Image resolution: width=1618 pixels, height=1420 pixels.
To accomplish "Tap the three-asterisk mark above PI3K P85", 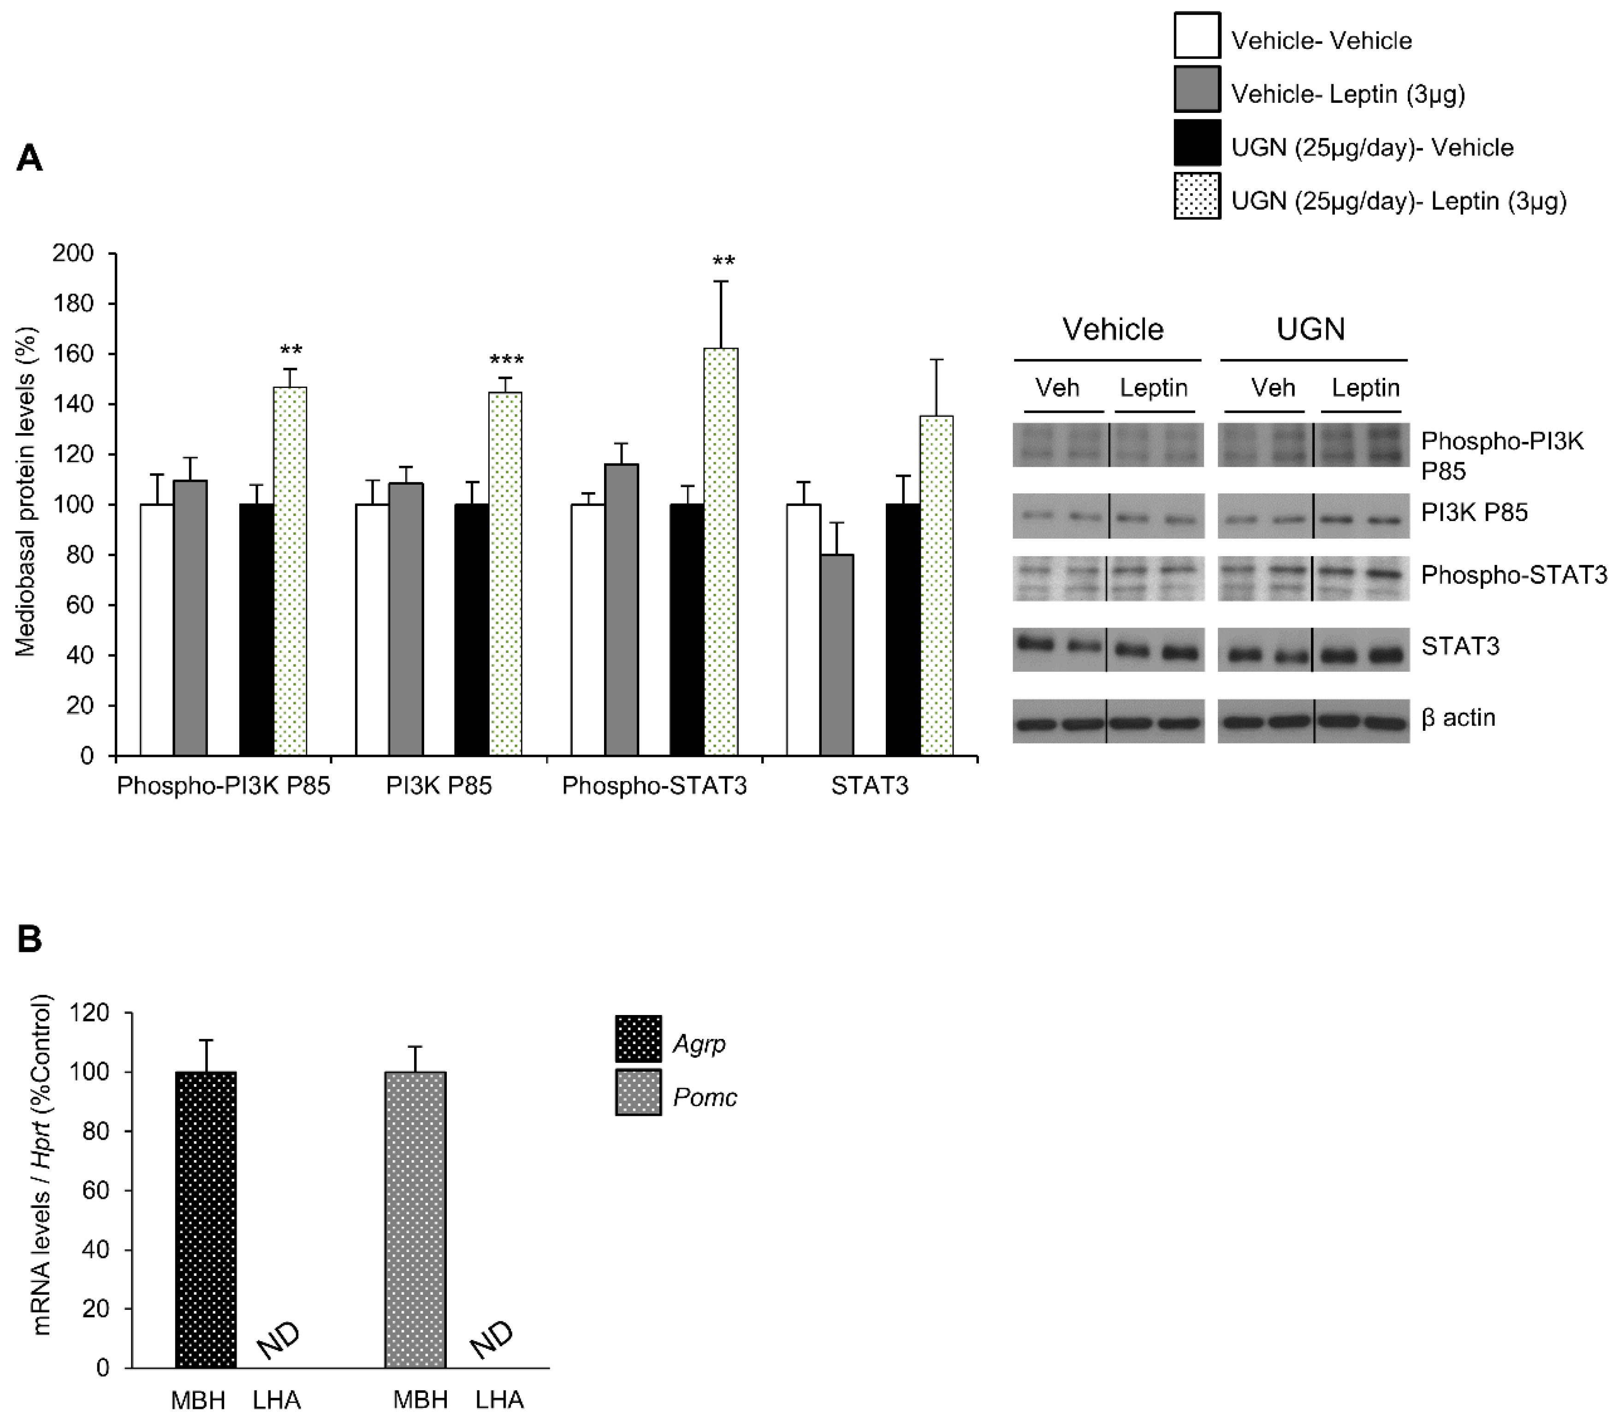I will click(x=507, y=361).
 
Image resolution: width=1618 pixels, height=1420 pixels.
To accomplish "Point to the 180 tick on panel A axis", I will click(x=73, y=304).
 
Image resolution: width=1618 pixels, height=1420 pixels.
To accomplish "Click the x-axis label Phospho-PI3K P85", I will click(x=223, y=786).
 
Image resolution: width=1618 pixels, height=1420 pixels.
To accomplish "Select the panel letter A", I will click(x=30, y=158).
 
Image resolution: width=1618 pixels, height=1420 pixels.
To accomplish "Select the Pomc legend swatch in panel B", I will click(x=638, y=1092).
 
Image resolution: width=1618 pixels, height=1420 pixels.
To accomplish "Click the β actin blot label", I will click(x=1458, y=717).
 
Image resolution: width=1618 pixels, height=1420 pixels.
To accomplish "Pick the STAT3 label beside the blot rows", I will click(x=1460, y=646).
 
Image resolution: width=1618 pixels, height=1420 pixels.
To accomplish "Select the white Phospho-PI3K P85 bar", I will click(x=157, y=630).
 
